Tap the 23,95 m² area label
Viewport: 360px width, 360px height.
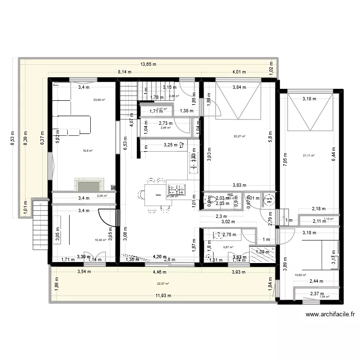click(99, 100)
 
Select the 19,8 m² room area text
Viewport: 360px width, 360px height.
click(87, 151)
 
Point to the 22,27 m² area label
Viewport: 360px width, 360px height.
click(239, 136)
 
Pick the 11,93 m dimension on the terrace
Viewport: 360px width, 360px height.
click(163, 296)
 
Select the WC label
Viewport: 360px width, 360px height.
click(230, 194)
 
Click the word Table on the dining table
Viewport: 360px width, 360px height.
click(158, 195)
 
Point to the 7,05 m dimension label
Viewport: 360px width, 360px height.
click(284, 158)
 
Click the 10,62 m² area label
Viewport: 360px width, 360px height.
click(300, 275)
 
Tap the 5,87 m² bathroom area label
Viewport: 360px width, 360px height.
click(228, 248)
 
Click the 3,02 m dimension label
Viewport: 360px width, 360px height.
click(228, 222)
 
